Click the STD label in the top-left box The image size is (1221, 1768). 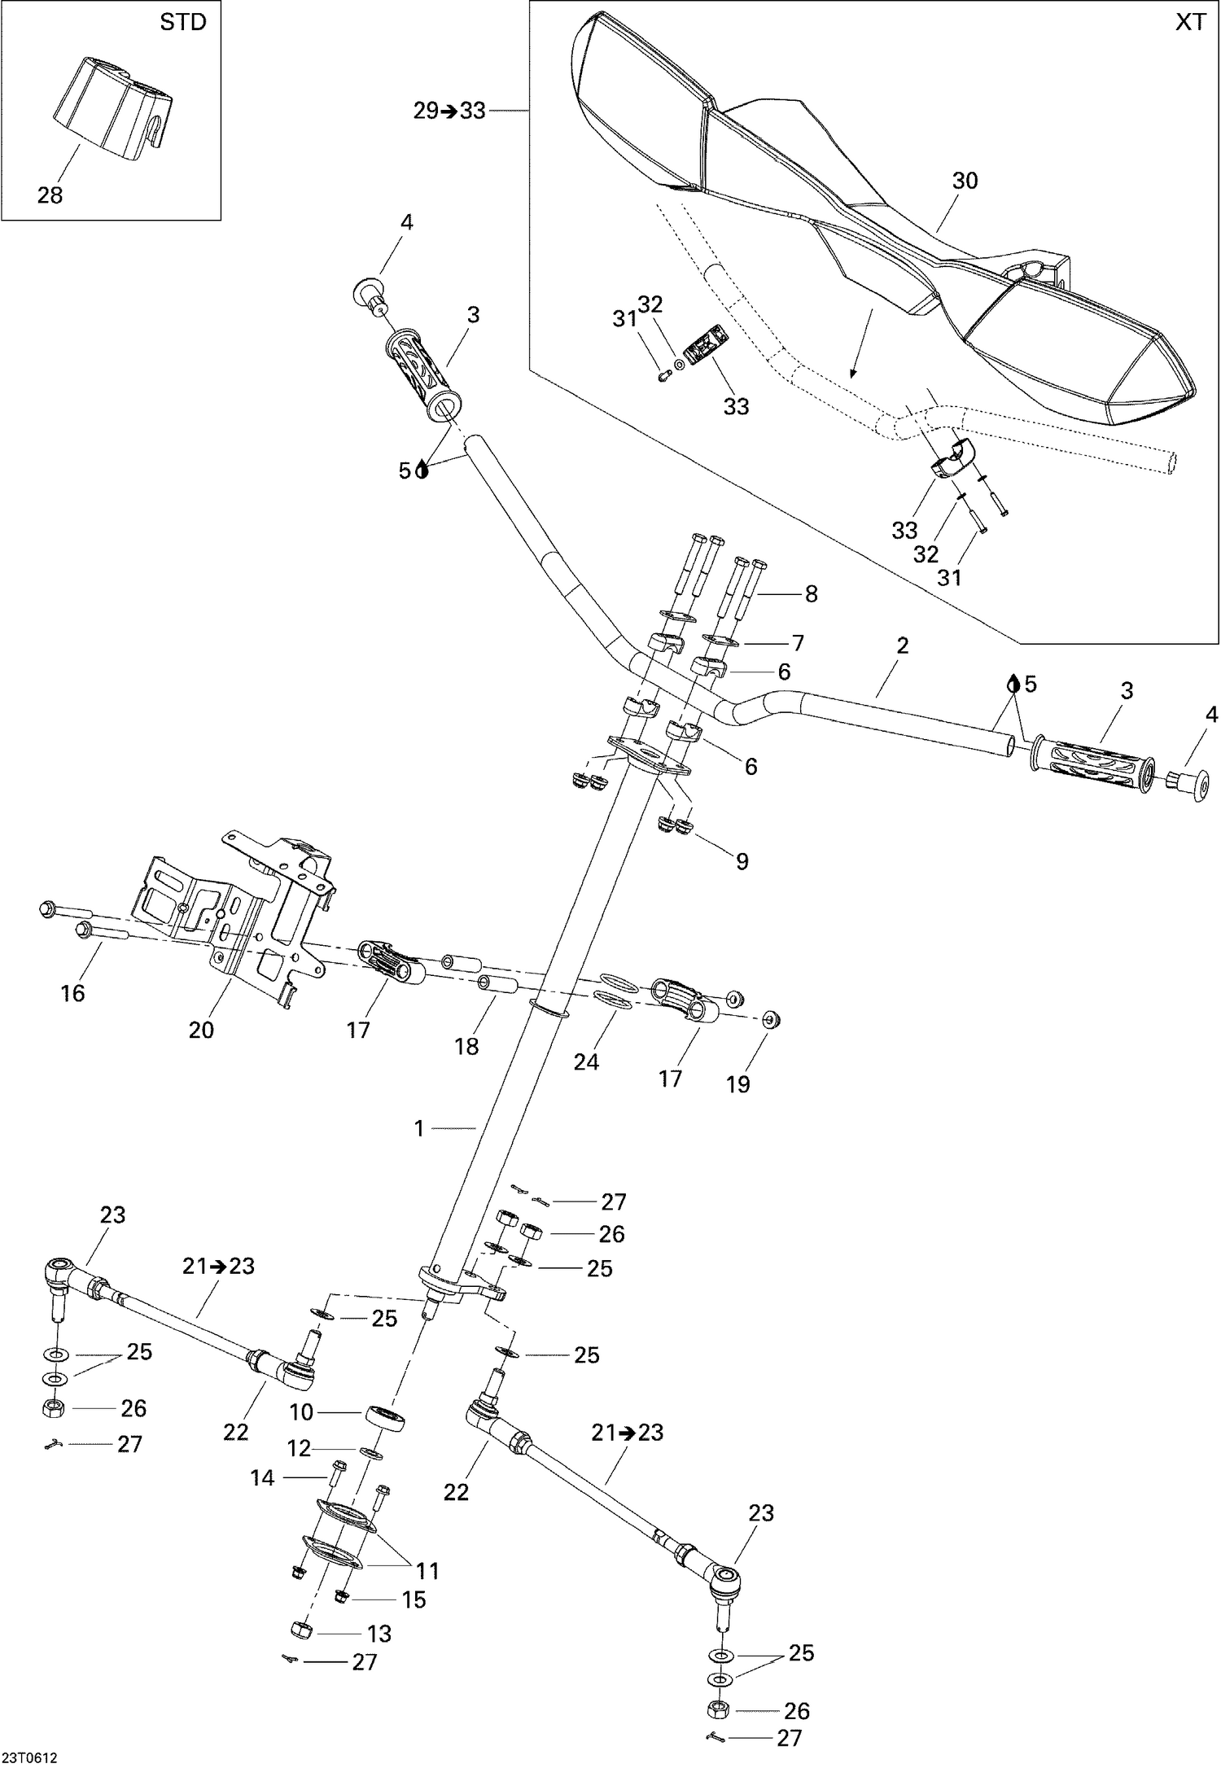183,22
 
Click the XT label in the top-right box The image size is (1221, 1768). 1190,22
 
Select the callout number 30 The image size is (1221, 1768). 965,181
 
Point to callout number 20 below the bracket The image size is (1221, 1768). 201,1030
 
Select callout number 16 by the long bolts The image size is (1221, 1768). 73,992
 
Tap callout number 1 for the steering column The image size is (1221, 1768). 419,1128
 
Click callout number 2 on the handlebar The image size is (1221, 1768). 902,645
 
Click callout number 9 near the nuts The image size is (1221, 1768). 742,861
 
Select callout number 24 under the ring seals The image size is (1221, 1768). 586,1061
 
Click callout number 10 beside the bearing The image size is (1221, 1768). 301,1412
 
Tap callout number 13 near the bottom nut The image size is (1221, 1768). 379,1634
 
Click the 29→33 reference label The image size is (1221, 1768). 449,111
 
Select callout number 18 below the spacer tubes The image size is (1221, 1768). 466,1046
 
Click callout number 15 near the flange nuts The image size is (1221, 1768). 414,1600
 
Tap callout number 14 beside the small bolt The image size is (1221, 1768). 262,1477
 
